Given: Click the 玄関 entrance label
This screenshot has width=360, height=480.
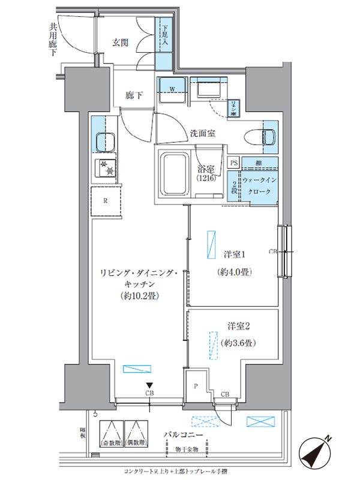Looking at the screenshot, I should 120,43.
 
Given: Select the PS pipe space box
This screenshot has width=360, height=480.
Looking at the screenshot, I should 234,163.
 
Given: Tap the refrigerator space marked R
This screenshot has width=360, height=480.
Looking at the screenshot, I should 105,200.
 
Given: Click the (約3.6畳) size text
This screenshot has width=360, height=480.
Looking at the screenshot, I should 239,343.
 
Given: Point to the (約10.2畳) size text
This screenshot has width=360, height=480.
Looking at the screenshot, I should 139,296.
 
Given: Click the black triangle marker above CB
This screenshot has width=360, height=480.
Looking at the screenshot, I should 148,386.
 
